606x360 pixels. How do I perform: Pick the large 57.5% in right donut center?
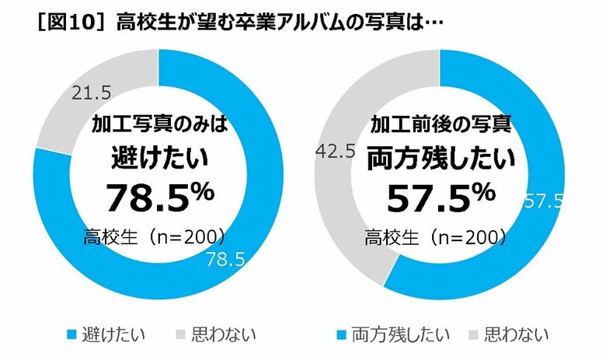(440, 197)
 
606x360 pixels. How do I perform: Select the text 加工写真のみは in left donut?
(158, 124)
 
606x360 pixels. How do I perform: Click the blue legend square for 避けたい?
(71, 336)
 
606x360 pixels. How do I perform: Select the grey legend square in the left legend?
(183, 336)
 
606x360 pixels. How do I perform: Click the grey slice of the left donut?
(70, 109)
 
